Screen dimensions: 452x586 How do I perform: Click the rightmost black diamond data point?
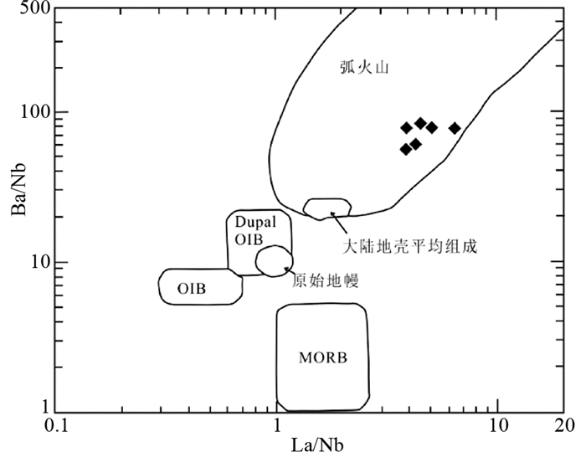pos(455,128)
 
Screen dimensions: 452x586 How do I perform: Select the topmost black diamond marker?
pos(420,123)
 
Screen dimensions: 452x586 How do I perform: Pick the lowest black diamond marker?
pos(406,149)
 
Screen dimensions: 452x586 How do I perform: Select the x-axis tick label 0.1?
pos(56,426)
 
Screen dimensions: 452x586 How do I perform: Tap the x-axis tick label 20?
pos(563,426)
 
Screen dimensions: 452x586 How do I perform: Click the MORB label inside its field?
pos(322,358)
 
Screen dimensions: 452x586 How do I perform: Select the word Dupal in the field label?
pos(254,223)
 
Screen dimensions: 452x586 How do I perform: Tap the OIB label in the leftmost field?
pos(192,289)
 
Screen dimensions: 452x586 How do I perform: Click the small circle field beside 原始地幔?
pos(274,260)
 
